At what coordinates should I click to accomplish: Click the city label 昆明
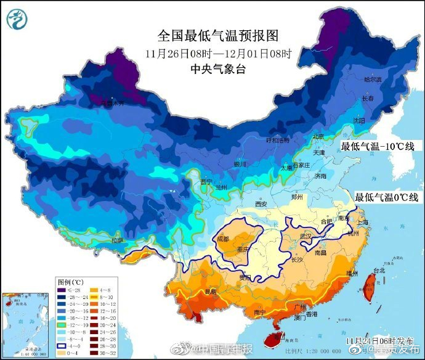[x=211, y=290]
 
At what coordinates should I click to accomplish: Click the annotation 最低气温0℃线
[x=386, y=197]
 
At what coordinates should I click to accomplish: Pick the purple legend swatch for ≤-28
[x=61, y=290]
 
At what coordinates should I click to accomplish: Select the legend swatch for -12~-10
[x=61, y=324]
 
